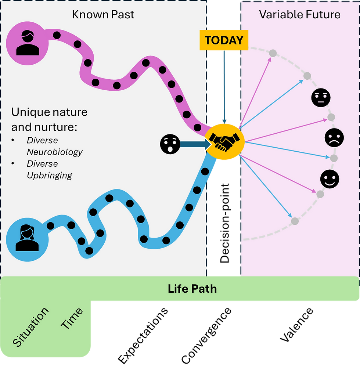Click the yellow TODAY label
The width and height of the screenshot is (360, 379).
point(224,40)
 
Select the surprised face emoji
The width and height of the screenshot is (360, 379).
point(170,144)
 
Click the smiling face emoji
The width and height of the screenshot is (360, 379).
point(330,179)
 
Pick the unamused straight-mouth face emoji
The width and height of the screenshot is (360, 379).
point(321,98)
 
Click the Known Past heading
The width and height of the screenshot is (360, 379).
point(103,15)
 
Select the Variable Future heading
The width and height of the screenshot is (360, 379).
point(300,15)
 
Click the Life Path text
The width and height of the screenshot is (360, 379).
point(192,289)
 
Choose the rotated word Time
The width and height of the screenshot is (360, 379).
point(72,318)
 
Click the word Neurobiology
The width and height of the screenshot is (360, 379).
point(55,152)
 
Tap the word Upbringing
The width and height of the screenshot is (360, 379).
point(50,175)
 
